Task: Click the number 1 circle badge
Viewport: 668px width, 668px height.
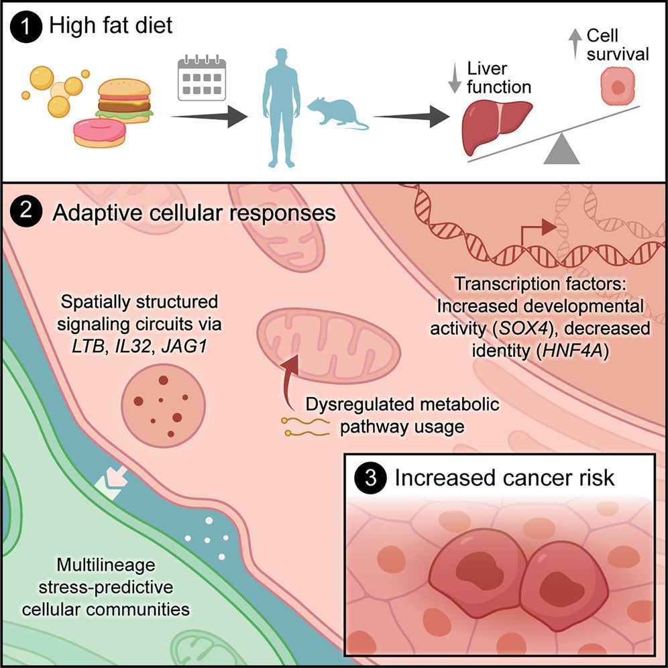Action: tap(25, 26)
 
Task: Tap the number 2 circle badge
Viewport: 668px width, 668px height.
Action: tap(25, 214)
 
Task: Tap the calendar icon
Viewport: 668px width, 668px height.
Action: tap(202, 79)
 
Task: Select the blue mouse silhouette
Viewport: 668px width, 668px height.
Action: tap(335, 112)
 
